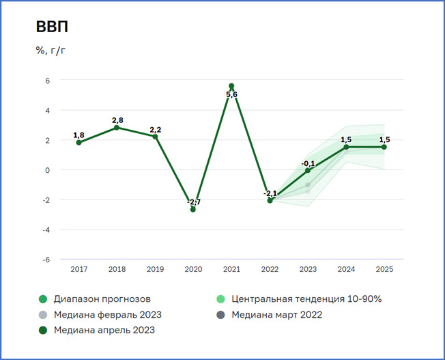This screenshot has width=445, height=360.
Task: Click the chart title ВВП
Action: tap(53, 28)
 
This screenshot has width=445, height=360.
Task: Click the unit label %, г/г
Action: tap(51, 51)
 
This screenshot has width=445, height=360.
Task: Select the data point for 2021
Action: tap(231, 86)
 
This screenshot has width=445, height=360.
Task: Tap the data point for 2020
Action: tap(193, 209)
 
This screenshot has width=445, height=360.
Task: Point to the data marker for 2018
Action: tap(117, 128)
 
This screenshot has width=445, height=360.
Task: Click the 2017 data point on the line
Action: tap(78, 142)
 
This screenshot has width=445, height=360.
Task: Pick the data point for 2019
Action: tap(155, 137)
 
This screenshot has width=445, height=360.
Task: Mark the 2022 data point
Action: tap(270, 200)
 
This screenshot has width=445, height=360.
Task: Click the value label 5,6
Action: tap(231, 95)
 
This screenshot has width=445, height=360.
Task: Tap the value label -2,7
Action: tap(193, 202)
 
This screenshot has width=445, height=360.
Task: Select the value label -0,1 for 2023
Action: tap(308, 163)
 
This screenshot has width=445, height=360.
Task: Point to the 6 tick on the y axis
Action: tap(48, 80)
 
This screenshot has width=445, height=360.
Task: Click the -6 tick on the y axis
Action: tap(46, 260)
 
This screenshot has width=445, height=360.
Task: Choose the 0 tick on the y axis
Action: tap(48, 170)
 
